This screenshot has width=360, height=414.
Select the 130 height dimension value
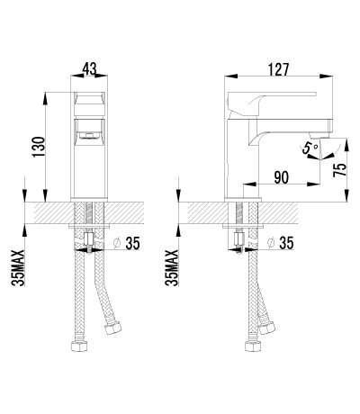37,146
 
